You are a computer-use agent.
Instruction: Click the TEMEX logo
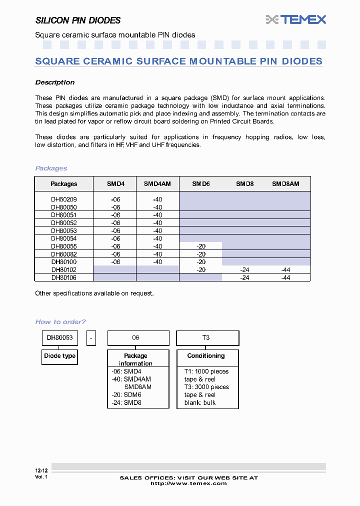click(296, 19)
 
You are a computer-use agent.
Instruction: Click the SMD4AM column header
click(157, 184)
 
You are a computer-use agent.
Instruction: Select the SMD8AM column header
click(285, 184)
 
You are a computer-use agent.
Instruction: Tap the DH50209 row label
click(64, 199)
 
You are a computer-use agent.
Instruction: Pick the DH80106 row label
click(64, 277)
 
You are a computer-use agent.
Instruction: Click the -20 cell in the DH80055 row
click(201, 246)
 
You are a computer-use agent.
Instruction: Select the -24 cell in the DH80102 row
click(244, 270)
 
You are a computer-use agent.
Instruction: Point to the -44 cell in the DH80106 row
click(285, 277)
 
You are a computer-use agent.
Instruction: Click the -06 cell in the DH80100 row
click(115, 262)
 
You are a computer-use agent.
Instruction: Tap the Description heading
click(55, 82)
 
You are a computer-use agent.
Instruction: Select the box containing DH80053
click(60, 338)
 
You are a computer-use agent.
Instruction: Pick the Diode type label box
click(60, 356)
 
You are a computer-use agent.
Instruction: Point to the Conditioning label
click(206, 356)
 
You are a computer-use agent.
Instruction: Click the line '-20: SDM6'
click(127, 395)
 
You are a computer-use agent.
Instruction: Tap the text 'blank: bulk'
click(200, 402)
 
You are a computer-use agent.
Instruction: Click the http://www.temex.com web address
click(188, 483)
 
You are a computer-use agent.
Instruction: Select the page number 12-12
click(41, 471)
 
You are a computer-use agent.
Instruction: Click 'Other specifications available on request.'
click(94, 293)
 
